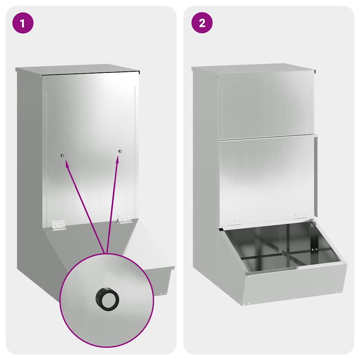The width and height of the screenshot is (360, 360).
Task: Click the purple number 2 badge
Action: coord(202,23)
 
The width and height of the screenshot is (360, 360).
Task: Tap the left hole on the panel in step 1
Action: coord(62,155)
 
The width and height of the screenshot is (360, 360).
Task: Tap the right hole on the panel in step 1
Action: coord(120,151)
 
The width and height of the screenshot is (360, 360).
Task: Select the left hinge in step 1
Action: coord(58,225)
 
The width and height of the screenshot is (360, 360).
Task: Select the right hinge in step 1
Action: coord(124,219)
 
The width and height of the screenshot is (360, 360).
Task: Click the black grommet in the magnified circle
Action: coord(107,299)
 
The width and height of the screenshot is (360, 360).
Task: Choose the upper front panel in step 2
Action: coord(265,105)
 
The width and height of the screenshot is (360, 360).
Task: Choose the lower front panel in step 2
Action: coord(265,179)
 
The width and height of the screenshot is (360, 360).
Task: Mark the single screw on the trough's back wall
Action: coord(280,231)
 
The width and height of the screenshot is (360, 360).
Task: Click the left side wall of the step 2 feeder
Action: coord(205,176)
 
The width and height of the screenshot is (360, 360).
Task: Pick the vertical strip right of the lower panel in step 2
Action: coord(315,176)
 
